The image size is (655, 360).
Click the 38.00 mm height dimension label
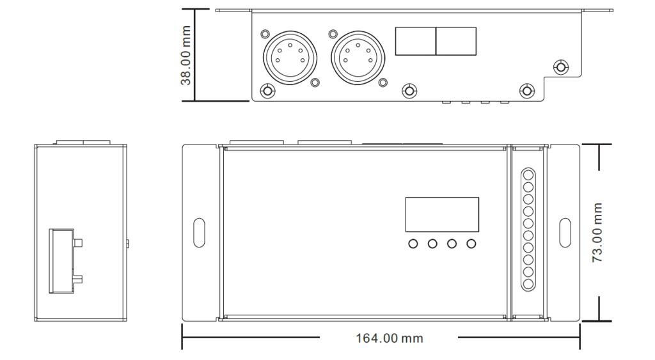(x=185, y=56)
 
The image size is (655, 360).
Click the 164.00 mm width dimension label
(x=389, y=338)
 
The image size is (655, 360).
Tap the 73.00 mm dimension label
(x=597, y=233)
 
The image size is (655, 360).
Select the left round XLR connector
(x=290, y=57)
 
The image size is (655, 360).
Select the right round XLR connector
(x=358, y=57)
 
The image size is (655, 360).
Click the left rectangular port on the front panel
(x=416, y=42)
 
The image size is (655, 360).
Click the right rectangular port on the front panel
(x=456, y=42)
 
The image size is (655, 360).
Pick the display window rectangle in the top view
(x=442, y=215)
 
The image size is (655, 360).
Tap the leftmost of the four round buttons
(x=413, y=244)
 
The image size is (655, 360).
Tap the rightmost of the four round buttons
(x=471, y=244)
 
